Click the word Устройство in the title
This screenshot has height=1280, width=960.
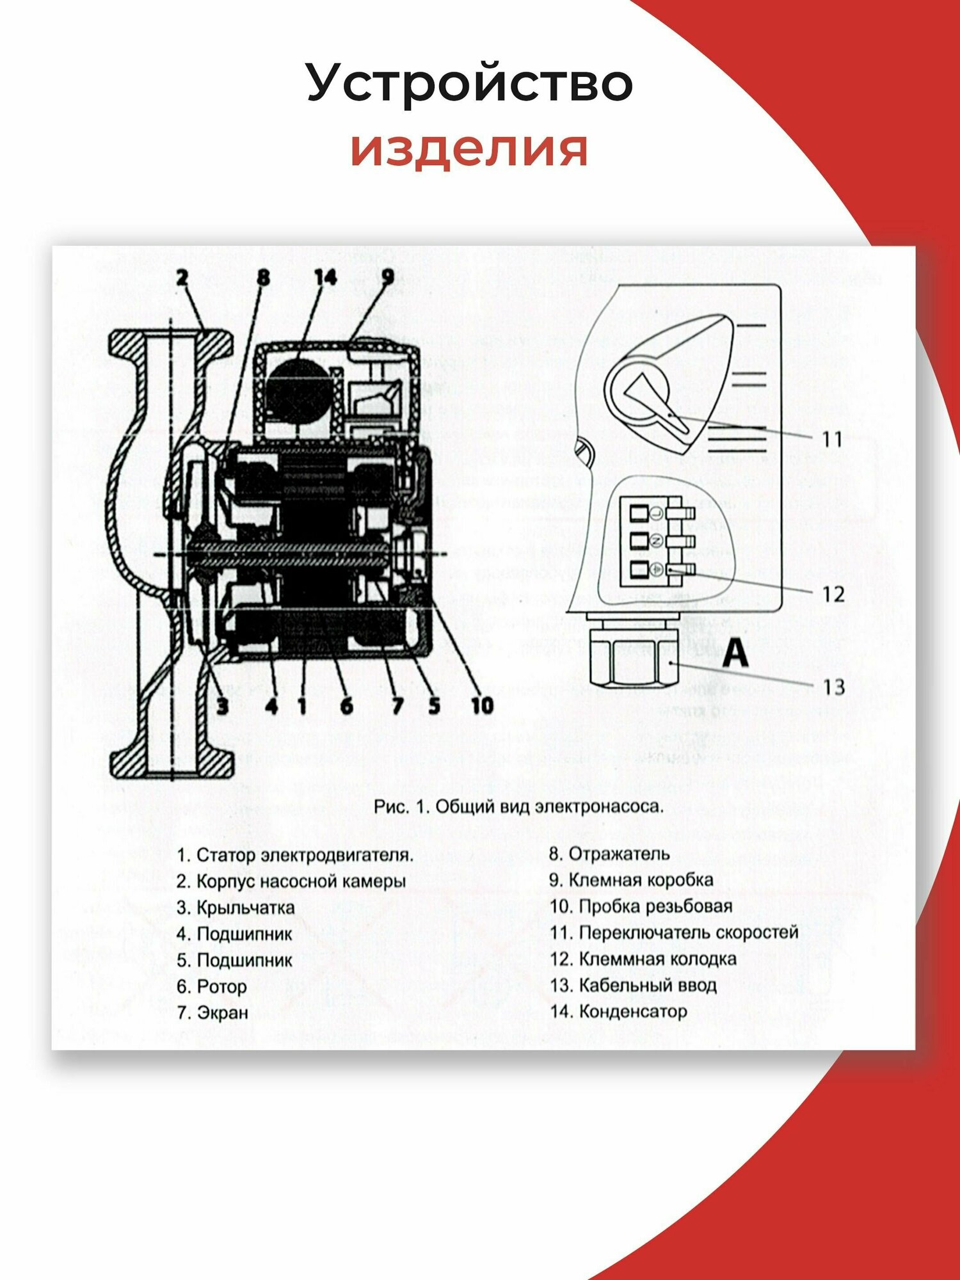coord(470,83)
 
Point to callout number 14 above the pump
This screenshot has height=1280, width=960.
coord(325,278)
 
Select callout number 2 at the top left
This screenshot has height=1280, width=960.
coord(183,278)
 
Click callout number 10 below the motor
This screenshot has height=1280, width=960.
coord(482,705)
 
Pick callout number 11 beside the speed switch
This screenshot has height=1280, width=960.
coord(832,439)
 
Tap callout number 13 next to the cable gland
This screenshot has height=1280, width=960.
coord(833,687)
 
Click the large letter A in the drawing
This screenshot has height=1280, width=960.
coord(735,653)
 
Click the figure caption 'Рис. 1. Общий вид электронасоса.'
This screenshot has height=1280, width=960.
coord(518,806)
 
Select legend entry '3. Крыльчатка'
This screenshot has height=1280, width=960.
coord(236,908)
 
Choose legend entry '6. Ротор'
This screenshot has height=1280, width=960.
coord(212,986)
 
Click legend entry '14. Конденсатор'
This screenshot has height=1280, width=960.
coord(618,1011)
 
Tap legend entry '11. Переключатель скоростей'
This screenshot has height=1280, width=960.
coord(674,932)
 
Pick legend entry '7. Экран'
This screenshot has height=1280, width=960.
coord(212,1012)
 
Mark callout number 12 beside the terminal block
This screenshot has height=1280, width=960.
coord(833,594)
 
